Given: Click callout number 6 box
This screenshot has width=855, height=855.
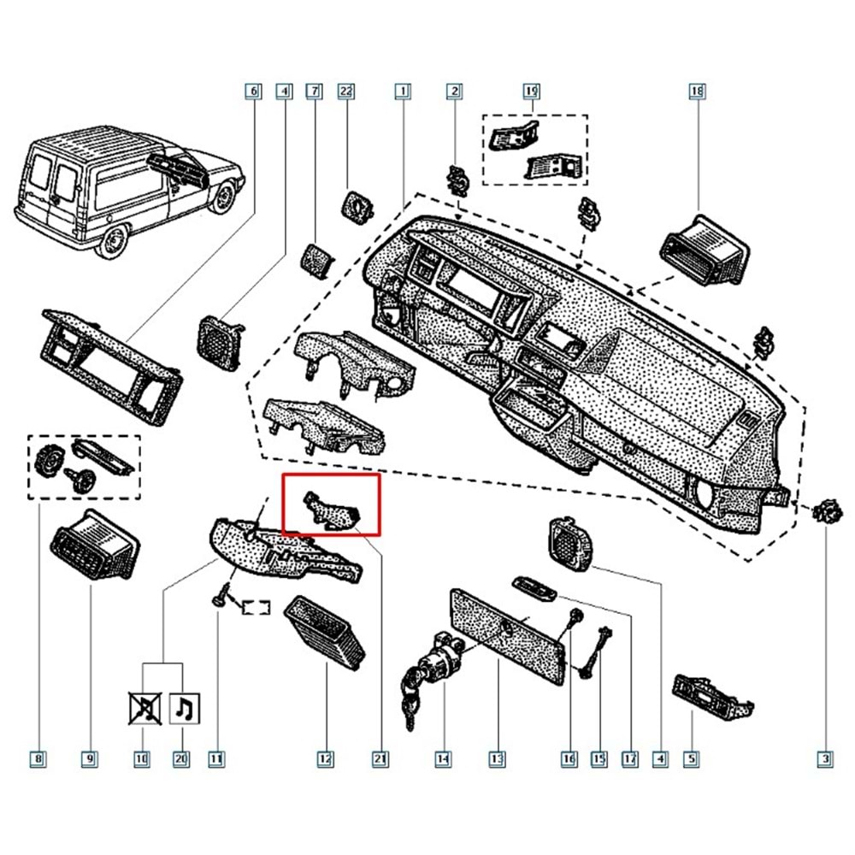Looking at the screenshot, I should pos(251,90).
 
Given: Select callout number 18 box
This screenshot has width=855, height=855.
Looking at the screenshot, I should pos(698,90).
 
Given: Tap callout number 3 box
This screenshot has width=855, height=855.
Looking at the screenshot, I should pos(825,758).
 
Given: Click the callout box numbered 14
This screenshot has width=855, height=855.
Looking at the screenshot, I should pos(442,758).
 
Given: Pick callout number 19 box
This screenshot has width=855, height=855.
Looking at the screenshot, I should pos(531,90).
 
